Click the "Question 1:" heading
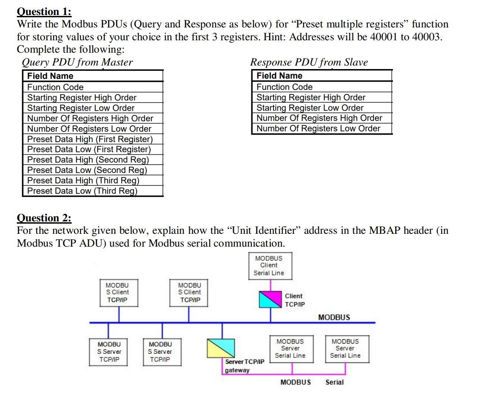tap(44, 12)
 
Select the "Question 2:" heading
tap(44, 218)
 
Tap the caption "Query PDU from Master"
tap(77, 62)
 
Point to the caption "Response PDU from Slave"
tap(309, 62)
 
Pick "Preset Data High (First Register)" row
tap(90, 139)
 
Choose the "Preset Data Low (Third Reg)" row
tap(82, 191)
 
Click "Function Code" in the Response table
tap(285, 87)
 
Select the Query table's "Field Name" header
tap(50, 76)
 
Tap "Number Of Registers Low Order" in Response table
tap(319, 128)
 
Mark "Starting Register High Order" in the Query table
tap(82, 97)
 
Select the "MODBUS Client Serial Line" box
tap(269, 266)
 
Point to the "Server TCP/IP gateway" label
tap(244, 366)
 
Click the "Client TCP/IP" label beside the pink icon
tap(294, 300)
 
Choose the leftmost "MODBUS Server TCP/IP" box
tap(109, 352)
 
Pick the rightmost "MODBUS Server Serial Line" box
tap(345, 349)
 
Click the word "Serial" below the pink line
tap(334, 382)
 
